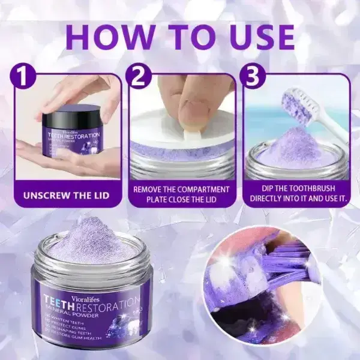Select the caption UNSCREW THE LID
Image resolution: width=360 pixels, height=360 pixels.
click(67, 196)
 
